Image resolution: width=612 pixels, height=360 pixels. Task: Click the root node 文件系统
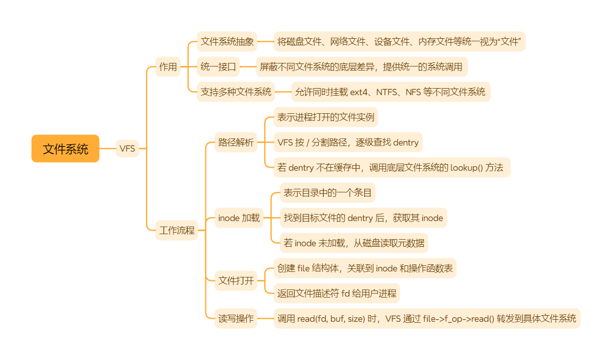point(65,149)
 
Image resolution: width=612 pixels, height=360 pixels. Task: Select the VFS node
point(127,149)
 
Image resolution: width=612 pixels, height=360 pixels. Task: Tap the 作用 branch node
point(168,66)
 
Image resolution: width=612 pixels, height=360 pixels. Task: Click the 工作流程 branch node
point(177,230)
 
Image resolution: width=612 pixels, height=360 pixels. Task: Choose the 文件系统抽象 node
point(227,41)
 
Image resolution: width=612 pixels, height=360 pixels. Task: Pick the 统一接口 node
point(218,66)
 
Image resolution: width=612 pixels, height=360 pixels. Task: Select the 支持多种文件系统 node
point(236,92)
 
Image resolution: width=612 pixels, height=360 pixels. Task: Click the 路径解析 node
point(236,142)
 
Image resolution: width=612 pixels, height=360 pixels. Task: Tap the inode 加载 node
point(239,218)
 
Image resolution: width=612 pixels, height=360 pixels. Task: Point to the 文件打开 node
point(236,280)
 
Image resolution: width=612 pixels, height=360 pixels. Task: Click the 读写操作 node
point(236,318)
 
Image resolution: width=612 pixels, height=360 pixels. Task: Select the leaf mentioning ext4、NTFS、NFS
point(390,92)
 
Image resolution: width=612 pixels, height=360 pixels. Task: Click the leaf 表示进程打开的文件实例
point(326,117)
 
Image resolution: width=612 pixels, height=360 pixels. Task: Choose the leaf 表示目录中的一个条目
point(328,193)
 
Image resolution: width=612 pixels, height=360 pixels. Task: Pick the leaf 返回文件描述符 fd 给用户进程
point(337,293)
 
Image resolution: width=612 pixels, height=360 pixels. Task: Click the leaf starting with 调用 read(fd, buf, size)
point(427,318)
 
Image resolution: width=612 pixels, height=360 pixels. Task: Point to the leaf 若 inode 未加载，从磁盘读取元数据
point(354,243)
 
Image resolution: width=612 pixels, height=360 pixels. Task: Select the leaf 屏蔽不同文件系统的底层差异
point(362,66)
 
